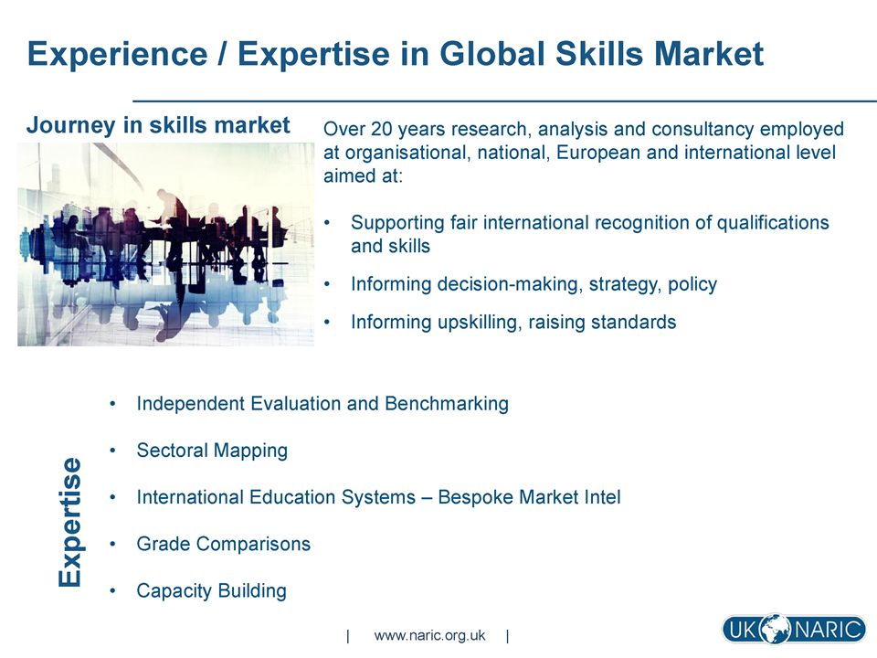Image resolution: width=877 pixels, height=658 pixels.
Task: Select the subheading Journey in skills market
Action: point(158,125)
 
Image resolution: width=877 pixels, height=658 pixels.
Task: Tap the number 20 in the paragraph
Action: point(382,129)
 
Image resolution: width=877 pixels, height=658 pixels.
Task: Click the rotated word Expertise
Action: point(70,522)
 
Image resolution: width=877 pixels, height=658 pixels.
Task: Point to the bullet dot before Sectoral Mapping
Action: point(113,451)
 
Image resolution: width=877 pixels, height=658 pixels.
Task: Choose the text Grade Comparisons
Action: point(224,545)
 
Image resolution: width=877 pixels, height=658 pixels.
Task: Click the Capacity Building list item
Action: point(212,591)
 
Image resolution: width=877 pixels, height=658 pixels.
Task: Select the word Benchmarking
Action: point(447,404)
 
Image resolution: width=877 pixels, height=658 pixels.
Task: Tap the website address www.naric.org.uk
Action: point(429,636)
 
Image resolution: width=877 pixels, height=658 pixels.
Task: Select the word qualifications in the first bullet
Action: point(773,223)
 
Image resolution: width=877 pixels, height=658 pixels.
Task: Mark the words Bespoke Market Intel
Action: point(530,497)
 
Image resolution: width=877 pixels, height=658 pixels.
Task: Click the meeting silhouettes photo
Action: point(166,245)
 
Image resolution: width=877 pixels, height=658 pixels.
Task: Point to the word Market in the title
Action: point(709,54)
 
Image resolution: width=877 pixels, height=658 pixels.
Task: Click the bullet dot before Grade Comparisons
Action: point(113,544)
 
